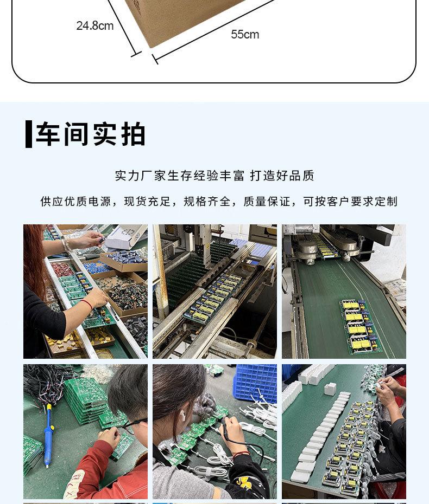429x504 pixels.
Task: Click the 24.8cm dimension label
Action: pyautogui.click(x=95, y=25)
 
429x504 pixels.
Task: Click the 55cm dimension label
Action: pyautogui.click(x=245, y=34)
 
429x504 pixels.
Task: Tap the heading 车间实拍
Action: pyautogui.click(x=91, y=134)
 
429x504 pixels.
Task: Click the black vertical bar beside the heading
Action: pyautogui.click(x=29, y=134)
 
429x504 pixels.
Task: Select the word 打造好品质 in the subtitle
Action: pyautogui.click(x=282, y=176)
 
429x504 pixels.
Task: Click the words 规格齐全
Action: pyautogui.click(x=207, y=202)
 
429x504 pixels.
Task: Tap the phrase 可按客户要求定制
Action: pyautogui.click(x=350, y=202)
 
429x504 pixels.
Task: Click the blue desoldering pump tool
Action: pyautogui.click(x=49, y=436)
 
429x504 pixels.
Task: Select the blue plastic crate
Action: pyautogui.click(x=255, y=382)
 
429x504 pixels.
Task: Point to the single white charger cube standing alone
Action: pyautogui.click(x=330, y=389)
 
